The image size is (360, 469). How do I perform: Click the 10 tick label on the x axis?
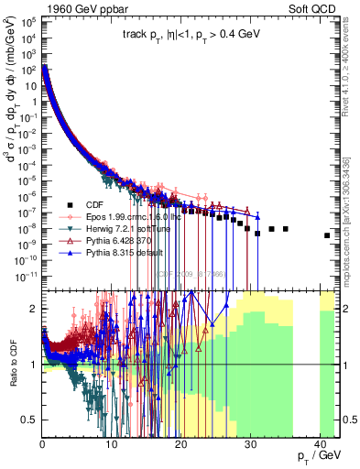click(112, 444)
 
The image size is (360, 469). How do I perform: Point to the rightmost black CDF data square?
click(327, 235)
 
